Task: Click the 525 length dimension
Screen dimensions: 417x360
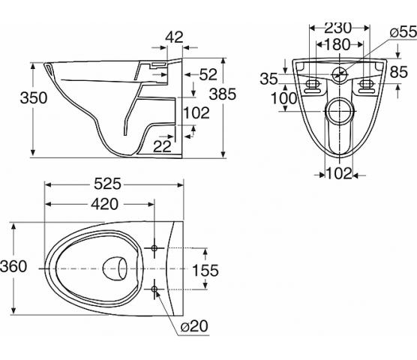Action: click(x=107, y=184)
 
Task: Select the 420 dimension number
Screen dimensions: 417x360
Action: click(x=104, y=204)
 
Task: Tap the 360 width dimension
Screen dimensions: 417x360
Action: click(x=13, y=266)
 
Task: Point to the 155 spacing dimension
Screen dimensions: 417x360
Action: click(x=205, y=270)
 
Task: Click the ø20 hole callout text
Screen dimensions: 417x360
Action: click(x=194, y=325)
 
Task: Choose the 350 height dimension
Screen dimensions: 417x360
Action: click(x=34, y=97)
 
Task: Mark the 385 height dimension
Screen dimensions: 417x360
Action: click(x=223, y=94)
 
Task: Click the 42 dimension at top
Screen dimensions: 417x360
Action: click(x=175, y=37)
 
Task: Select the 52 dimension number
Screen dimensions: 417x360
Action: click(x=208, y=74)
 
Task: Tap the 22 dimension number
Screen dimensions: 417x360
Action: click(x=162, y=146)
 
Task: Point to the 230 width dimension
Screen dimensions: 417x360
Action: click(x=338, y=28)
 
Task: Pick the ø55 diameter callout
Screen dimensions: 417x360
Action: click(x=403, y=32)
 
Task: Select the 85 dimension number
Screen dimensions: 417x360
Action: click(x=399, y=72)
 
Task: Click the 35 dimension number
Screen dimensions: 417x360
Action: click(x=268, y=79)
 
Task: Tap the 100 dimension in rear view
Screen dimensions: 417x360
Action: click(x=283, y=98)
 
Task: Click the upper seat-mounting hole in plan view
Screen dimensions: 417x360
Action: click(x=154, y=248)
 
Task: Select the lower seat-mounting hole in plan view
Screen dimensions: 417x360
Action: click(x=154, y=289)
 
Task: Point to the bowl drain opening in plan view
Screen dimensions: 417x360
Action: click(x=115, y=268)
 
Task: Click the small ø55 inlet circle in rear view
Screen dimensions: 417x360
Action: click(x=340, y=74)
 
